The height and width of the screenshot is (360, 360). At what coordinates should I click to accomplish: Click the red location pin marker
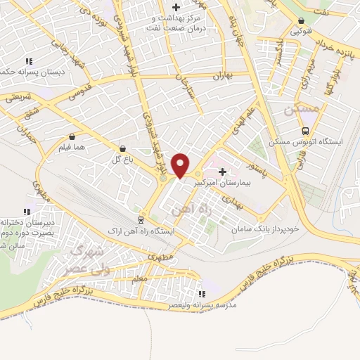pyautogui.click(x=181, y=165)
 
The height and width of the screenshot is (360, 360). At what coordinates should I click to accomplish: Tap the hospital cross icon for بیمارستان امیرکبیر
pyautogui.click(x=223, y=172)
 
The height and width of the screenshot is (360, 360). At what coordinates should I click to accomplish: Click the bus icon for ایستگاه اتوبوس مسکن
pyautogui.click(x=305, y=131)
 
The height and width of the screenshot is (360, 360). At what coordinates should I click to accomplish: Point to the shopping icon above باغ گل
pyautogui.click(x=124, y=149)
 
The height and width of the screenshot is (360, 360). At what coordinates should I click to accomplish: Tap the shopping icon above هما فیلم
pyautogui.click(x=72, y=136)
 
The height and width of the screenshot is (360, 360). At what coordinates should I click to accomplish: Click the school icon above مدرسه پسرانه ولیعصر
pyautogui.click(x=202, y=295)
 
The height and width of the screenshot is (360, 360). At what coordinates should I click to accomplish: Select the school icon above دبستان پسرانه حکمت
pyautogui.click(x=28, y=61)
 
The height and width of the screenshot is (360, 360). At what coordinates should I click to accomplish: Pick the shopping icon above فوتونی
pyautogui.click(x=301, y=21)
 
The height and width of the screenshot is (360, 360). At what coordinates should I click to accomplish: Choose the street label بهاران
pyautogui.click(x=220, y=75)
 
